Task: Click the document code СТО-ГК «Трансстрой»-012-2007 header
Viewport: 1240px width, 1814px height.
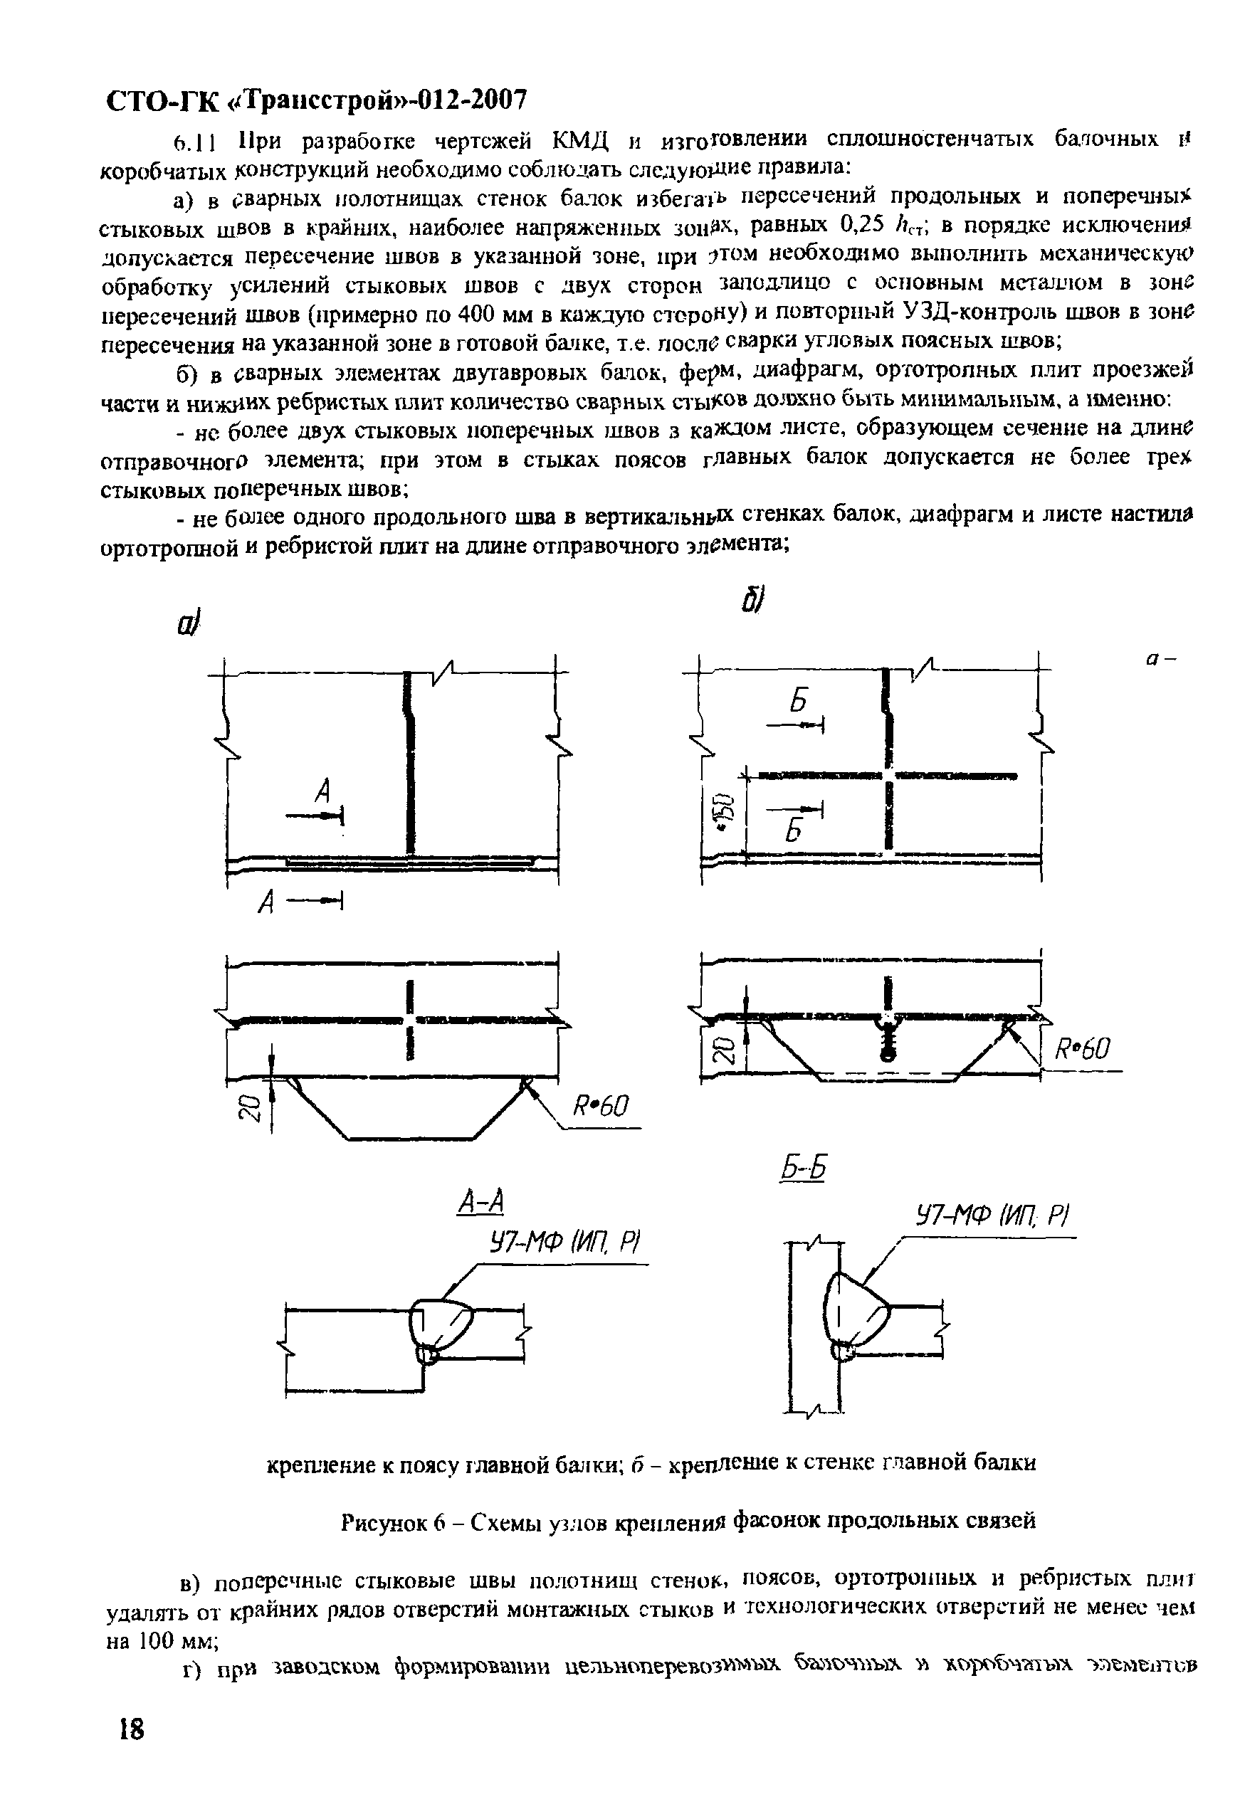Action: [x=315, y=100]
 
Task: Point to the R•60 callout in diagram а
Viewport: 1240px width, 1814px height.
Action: [x=601, y=1107]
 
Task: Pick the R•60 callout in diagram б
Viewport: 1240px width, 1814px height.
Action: [x=1081, y=1049]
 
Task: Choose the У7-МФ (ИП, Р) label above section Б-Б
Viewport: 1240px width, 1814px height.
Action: [x=992, y=1216]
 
